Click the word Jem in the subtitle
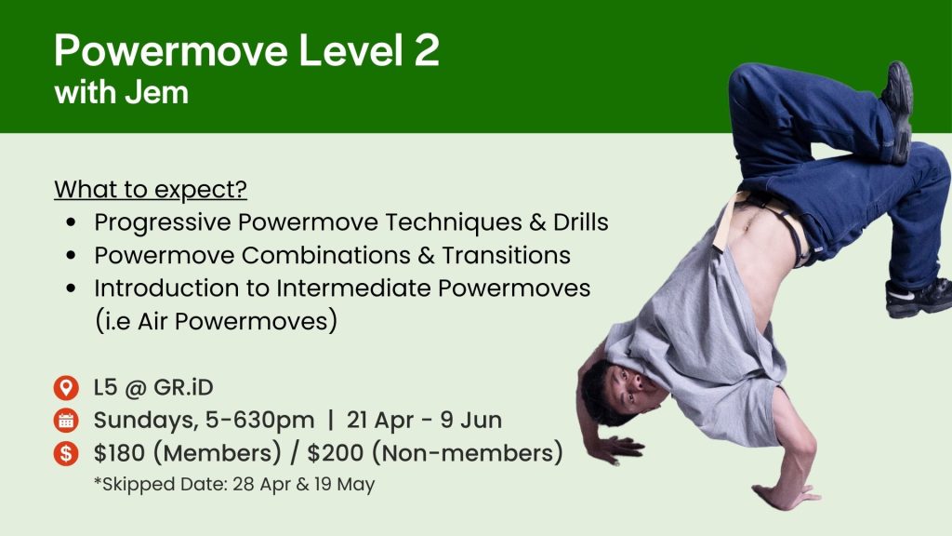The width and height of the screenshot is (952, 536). [156, 92]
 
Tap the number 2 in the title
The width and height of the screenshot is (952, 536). [427, 50]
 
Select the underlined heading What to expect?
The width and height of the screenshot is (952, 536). [151, 189]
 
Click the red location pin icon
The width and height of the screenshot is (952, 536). [66, 388]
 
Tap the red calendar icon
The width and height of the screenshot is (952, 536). [66, 421]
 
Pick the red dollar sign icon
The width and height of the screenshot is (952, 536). [66, 453]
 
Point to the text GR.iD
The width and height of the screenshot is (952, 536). [183, 387]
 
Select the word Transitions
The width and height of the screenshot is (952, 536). [506, 255]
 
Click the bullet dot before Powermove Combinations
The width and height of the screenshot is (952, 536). [72, 255]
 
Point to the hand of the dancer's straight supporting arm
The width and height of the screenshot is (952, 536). [783, 496]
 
